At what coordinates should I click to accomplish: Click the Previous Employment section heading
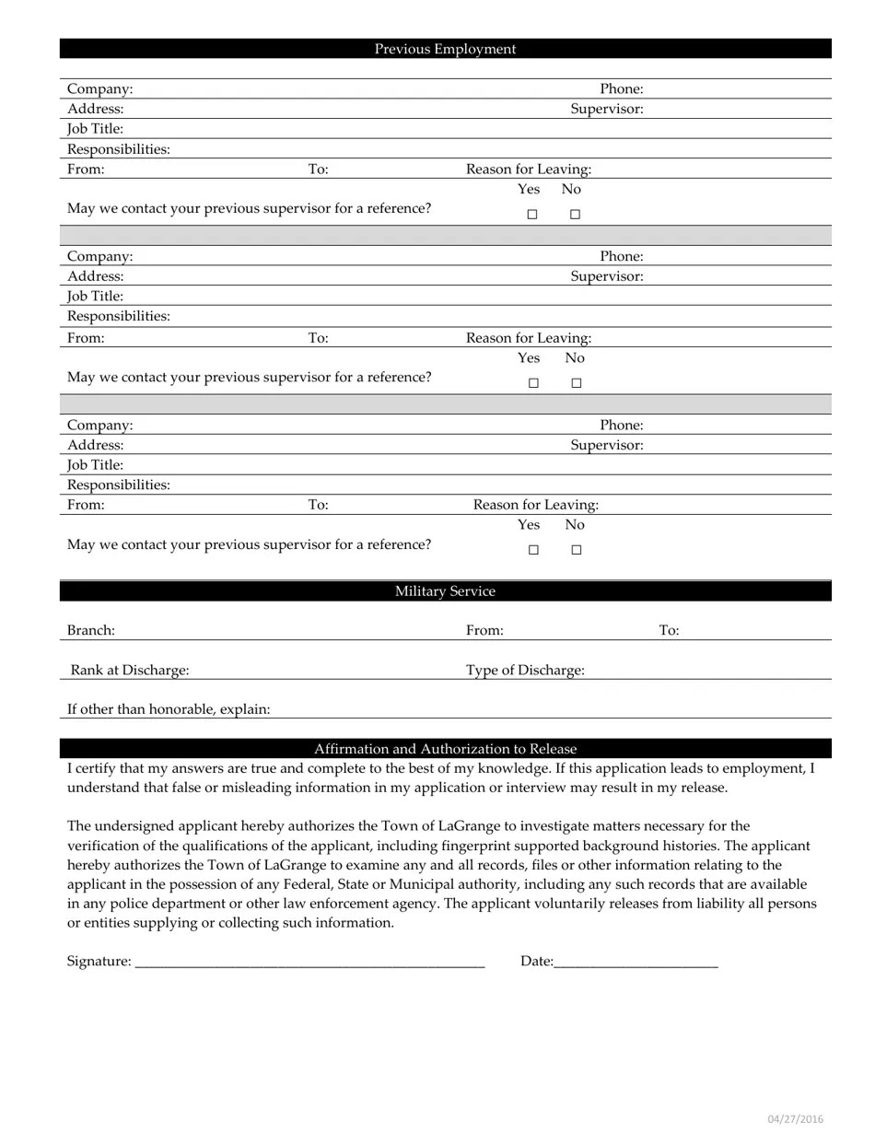[445, 49]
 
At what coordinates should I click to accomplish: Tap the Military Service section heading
[445, 591]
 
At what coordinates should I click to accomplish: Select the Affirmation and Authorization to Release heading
[445, 749]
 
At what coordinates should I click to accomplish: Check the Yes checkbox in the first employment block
[531, 215]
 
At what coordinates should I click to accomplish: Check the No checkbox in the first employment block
[575, 215]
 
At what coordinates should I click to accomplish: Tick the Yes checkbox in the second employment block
[532, 383]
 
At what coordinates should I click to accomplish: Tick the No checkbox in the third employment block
[576, 550]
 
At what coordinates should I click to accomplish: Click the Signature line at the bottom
[309, 962]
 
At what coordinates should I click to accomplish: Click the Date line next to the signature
[636, 962]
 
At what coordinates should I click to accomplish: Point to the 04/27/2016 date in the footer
[796, 1119]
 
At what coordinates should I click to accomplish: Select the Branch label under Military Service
[91, 631]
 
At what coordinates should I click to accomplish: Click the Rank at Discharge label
[130, 671]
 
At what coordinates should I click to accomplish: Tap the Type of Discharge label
[525, 671]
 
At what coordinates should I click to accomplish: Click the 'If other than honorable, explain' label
[169, 709]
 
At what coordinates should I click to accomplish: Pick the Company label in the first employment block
[99, 89]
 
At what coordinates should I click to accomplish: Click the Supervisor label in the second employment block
[606, 276]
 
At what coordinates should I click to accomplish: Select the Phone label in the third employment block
[622, 426]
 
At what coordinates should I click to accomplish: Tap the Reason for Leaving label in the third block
[535, 505]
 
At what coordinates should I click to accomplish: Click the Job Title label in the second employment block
[95, 297]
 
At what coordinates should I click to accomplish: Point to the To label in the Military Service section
[669, 631]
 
